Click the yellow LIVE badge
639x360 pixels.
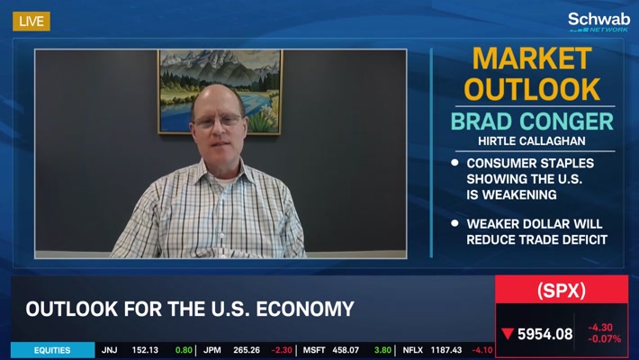click(x=31, y=22)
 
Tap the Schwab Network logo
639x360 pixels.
click(x=598, y=22)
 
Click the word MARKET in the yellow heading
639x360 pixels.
click(x=532, y=58)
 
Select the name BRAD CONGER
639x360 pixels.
click(x=532, y=121)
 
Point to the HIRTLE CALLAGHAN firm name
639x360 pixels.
click(x=532, y=141)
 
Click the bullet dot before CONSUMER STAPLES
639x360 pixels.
click(x=454, y=163)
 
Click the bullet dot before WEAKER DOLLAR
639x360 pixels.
click(x=454, y=223)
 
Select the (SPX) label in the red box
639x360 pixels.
click(x=562, y=291)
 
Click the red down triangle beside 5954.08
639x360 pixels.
click(x=508, y=334)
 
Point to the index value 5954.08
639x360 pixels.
click(x=544, y=334)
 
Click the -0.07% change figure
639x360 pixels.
click(x=605, y=338)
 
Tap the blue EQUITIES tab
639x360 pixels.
click(x=52, y=350)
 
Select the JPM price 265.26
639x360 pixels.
click(x=247, y=350)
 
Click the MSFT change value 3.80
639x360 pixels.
click(x=382, y=350)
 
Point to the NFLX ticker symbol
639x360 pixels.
click(x=412, y=350)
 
